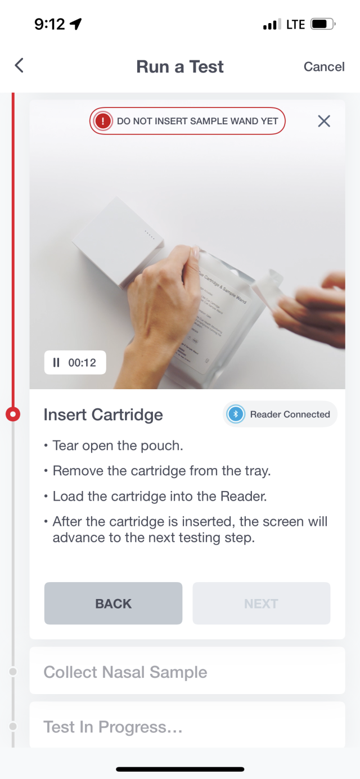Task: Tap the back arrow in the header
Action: pos(19,66)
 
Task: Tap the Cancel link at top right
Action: pos(324,66)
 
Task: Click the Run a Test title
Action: pos(180,66)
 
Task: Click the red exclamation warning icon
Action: pos(102,121)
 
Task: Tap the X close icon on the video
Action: pos(324,121)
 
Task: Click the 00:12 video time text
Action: pos(82,363)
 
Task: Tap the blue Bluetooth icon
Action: pos(236,415)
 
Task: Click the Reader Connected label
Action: pos(290,415)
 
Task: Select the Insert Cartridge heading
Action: pos(103,415)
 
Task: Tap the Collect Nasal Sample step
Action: pos(125,672)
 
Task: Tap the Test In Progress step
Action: pos(113,727)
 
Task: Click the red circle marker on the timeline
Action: pos(12,415)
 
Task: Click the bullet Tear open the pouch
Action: pos(118,445)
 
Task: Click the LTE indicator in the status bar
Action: pos(295,24)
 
